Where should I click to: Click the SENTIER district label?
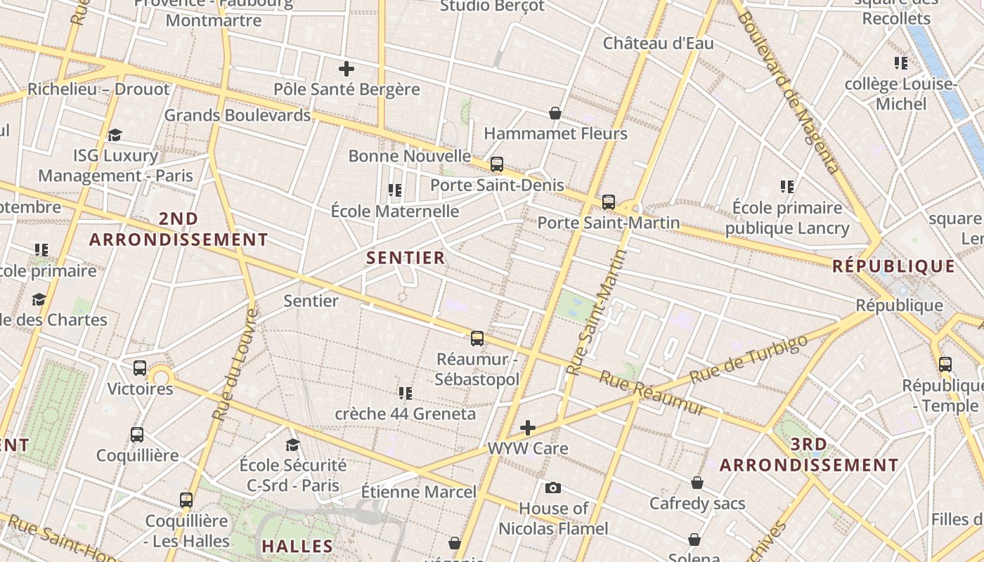click(406, 258)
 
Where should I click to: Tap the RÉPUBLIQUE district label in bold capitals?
click(893, 267)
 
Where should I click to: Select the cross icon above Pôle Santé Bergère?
click(347, 69)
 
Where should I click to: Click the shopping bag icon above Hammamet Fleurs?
click(555, 113)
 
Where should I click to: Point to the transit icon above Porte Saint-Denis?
click(497, 164)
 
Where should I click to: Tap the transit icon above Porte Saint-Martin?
click(609, 202)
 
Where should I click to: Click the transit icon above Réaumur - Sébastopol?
click(477, 339)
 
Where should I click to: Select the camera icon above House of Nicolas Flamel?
click(553, 488)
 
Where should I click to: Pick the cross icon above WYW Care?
click(528, 427)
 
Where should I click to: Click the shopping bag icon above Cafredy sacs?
click(697, 483)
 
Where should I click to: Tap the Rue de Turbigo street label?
click(749, 360)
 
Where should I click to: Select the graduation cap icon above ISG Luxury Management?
click(115, 135)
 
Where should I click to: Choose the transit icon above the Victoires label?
click(140, 367)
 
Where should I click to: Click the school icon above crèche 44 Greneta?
click(406, 393)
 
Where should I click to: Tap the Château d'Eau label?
click(658, 44)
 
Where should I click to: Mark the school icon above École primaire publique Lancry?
click(787, 187)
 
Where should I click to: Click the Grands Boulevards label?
click(237, 115)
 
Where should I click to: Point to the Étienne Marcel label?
click(419, 492)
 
